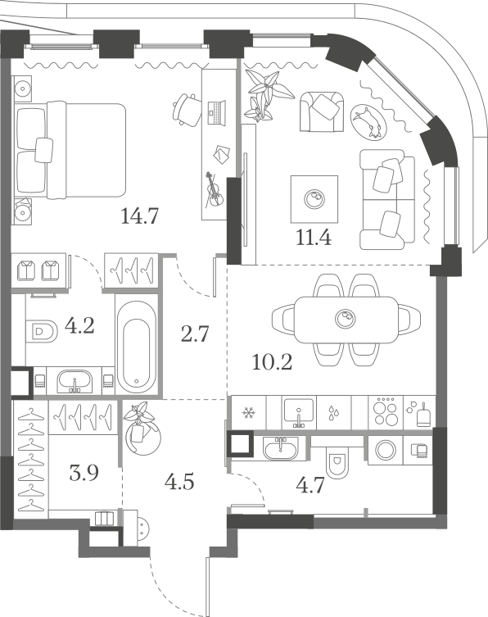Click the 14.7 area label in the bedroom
click(139, 215)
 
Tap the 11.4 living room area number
click(314, 238)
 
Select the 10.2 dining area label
click(272, 362)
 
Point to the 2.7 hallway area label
click(195, 334)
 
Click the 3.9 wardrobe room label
click(84, 473)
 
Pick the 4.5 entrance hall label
click(179, 481)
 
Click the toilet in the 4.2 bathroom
click(42, 330)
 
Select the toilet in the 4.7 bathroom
click(338, 463)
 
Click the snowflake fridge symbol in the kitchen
click(248, 413)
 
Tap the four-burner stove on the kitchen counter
click(386, 411)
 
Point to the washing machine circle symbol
click(386, 450)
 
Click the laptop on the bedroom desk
click(216, 113)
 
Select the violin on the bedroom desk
click(214, 189)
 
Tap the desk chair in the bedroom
click(186, 110)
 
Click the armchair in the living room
click(322, 111)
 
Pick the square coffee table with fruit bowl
click(314, 199)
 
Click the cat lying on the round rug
click(368, 122)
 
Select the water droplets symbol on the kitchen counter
click(334, 412)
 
